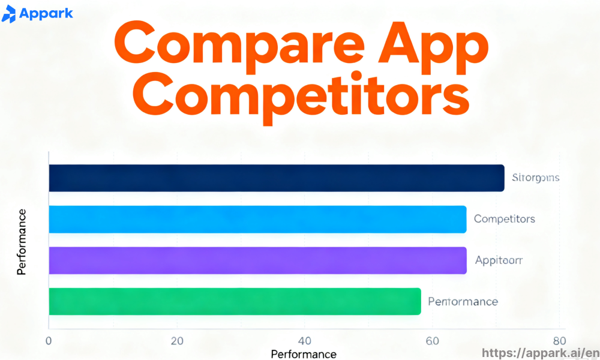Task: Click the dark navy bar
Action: pos(276,178)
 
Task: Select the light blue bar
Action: pos(257,219)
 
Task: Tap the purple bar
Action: pos(257,260)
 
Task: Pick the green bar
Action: pos(235,301)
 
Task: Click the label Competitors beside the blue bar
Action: pos(504,219)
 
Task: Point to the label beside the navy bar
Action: pos(536,178)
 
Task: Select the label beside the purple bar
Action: pos(499,260)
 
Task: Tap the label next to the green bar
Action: pos(463,301)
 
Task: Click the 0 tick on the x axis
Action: pos(49,341)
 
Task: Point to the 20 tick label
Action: pos(176,341)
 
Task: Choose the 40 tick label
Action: pos(305,341)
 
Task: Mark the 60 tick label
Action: pos(432,341)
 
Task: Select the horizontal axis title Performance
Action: pos(304,354)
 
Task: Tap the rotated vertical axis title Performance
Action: pos(22,242)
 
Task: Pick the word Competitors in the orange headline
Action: pos(301,99)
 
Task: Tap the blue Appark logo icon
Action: pos(9,14)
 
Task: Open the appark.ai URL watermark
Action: pos(540,353)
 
